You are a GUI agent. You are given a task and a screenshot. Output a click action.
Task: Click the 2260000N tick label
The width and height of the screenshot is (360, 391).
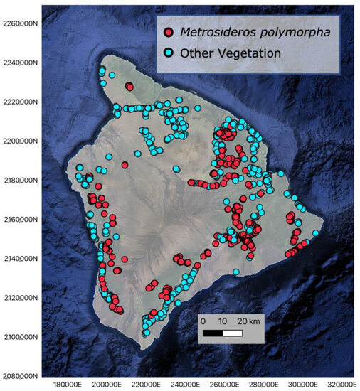click(21, 23)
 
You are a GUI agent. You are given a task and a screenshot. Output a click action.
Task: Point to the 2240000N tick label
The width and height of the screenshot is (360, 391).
click(21, 63)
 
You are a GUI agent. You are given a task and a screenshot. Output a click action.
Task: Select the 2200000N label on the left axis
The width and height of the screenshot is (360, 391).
click(21, 141)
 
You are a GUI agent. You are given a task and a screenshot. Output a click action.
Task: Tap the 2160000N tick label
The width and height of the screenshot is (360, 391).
click(21, 219)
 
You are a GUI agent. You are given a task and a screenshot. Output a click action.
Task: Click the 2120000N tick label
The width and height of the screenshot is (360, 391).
click(21, 297)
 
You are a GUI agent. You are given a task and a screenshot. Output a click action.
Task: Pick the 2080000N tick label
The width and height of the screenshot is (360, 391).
click(21, 375)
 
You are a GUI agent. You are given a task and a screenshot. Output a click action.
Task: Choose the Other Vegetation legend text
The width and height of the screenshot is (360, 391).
click(221, 53)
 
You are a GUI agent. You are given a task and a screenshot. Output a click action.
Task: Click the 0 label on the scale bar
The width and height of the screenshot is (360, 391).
click(203, 320)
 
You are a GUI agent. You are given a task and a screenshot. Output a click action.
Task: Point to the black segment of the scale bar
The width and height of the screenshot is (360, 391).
click(213, 333)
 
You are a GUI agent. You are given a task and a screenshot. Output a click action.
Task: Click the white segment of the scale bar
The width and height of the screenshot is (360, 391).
click(233, 333)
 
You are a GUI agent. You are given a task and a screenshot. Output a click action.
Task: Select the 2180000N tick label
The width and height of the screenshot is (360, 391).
click(21, 180)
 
